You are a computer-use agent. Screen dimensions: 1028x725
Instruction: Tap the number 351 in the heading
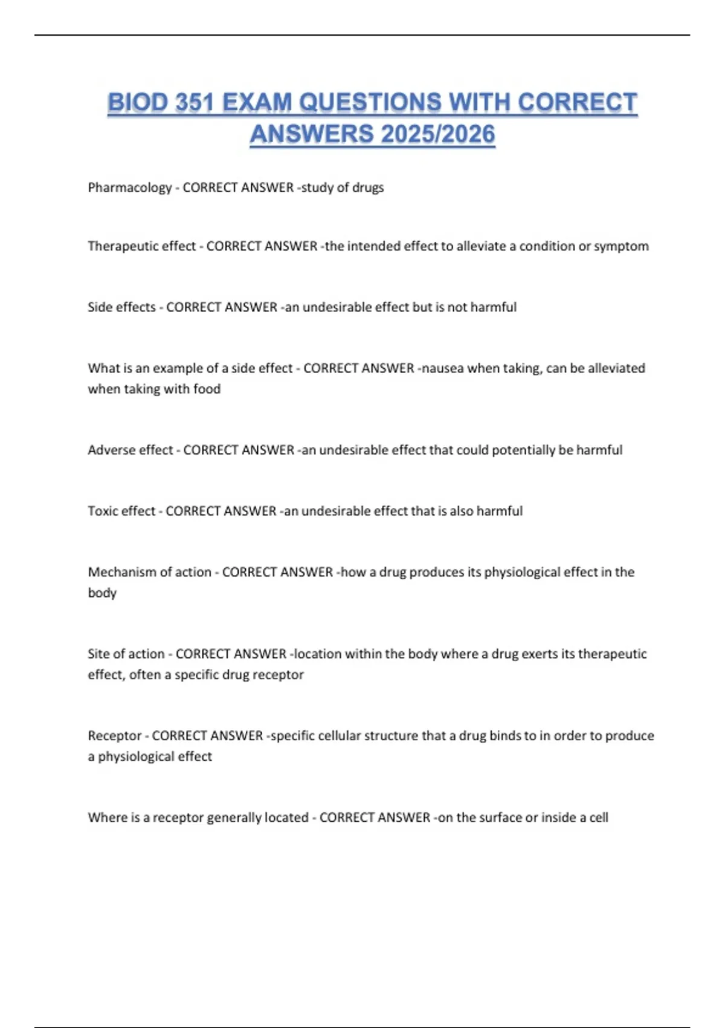tap(195, 102)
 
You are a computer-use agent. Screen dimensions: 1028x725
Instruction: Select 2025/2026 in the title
tap(438, 134)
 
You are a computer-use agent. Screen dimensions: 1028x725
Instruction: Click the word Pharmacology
tap(130, 187)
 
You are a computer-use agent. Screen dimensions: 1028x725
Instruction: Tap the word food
tap(207, 389)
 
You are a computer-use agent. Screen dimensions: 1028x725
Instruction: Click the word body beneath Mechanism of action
tap(102, 593)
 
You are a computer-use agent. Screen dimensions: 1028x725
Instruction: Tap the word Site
tap(98, 654)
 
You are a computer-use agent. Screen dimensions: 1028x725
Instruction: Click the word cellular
tap(344, 735)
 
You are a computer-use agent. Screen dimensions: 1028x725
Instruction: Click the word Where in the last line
tap(105, 818)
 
